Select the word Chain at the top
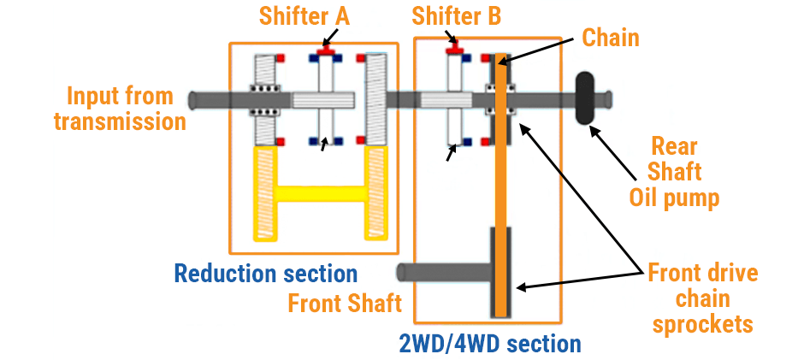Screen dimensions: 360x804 pyautogui.click(x=611, y=38)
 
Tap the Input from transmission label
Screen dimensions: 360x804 pyautogui.click(x=120, y=109)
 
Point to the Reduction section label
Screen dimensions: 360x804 pyautogui.click(x=265, y=274)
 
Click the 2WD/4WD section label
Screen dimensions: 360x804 pyautogui.click(x=489, y=345)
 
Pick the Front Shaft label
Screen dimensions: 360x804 pyautogui.click(x=345, y=304)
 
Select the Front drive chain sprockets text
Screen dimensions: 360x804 pyautogui.click(x=702, y=298)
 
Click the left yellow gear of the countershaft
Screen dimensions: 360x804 pyautogui.click(x=269, y=192)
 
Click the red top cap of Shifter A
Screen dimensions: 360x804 pyautogui.click(x=325, y=52)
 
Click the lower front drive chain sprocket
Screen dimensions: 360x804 pyautogui.click(x=501, y=273)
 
